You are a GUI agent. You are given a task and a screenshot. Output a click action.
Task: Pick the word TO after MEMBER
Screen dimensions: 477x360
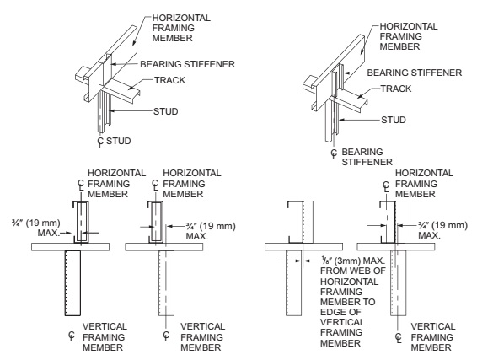(x=369, y=302)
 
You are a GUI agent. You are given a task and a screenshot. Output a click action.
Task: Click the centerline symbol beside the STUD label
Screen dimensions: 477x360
(x=100, y=142)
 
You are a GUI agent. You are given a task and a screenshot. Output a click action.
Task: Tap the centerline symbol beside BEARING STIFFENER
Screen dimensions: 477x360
(x=335, y=154)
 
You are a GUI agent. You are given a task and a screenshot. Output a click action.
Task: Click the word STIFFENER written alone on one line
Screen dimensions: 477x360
(x=367, y=162)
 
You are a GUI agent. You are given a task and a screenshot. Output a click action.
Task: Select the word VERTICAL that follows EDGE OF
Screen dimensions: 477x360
(x=342, y=322)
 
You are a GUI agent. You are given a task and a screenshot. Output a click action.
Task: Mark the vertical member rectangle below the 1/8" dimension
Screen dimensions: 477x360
(x=293, y=283)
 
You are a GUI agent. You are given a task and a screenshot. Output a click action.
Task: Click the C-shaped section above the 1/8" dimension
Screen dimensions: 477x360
(x=296, y=222)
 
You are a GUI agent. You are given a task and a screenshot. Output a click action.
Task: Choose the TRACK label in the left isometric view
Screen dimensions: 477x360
(x=169, y=80)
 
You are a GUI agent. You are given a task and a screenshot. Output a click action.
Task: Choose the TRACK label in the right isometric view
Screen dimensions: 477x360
(x=396, y=89)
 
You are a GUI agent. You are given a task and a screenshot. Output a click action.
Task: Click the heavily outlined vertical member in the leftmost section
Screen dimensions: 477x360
(x=72, y=283)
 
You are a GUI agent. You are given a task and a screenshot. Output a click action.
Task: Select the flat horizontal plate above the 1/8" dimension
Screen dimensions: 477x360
(x=303, y=247)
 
